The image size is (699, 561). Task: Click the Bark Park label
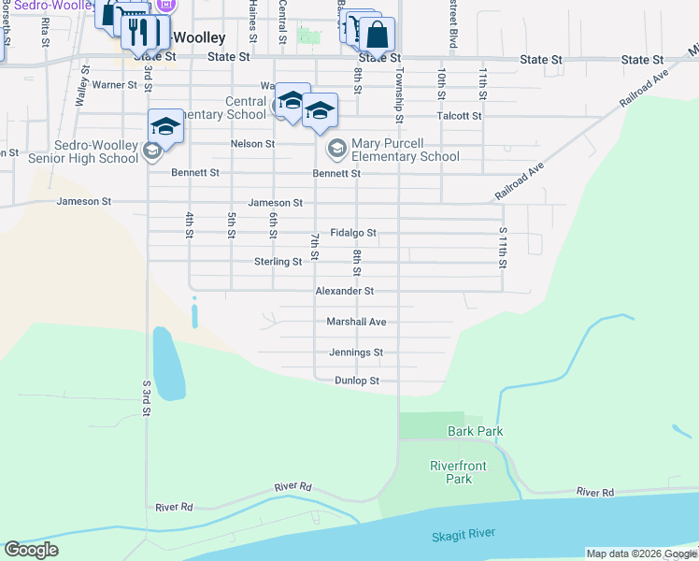click(476, 431)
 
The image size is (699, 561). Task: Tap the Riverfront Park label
click(451, 472)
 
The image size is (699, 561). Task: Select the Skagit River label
click(464, 535)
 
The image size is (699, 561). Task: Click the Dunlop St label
click(357, 381)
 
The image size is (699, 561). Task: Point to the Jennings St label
click(356, 352)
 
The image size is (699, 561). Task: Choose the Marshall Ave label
click(356, 322)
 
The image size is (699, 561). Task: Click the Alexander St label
click(344, 292)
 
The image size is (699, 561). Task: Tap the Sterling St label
click(278, 262)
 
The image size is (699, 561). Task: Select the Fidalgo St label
click(353, 233)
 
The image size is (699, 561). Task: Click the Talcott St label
click(459, 116)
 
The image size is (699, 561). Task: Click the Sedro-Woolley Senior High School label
click(83, 152)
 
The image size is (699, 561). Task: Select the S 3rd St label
click(147, 398)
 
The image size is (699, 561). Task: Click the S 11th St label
click(503, 247)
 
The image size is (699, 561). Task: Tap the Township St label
click(399, 94)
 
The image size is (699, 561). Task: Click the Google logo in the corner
click(31, 550)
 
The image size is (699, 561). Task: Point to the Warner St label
click(115, 85)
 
